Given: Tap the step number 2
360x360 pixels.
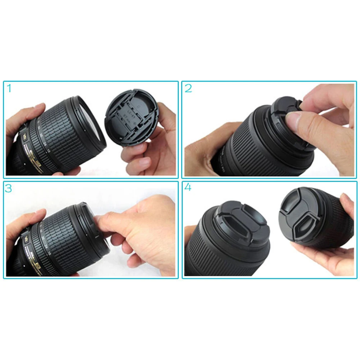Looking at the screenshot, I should [188, 88].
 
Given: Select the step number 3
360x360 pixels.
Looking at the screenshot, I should [9, 189].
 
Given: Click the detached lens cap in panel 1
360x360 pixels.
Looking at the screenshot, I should [130, 117].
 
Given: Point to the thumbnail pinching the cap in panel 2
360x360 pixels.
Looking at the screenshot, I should [294, 121].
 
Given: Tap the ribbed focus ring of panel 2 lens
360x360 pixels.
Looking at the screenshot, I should [251, 144].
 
